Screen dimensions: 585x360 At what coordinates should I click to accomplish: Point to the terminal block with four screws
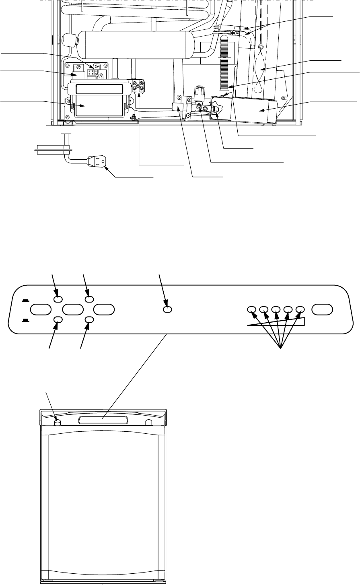click(x=139, y=88)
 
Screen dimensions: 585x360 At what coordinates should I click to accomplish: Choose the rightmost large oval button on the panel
click(x=322, y=309)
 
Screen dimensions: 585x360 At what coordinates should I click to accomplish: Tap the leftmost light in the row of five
click(x=251, y=309)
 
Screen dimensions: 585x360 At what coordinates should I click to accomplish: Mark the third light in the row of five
click(x=276, y=309)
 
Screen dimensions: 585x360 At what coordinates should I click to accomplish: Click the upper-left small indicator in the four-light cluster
click(x=58, y=299)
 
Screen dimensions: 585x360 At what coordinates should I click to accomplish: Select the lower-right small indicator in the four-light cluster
click(x=89, y=319)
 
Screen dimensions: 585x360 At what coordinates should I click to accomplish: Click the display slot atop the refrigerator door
click(x=102, y=420)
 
